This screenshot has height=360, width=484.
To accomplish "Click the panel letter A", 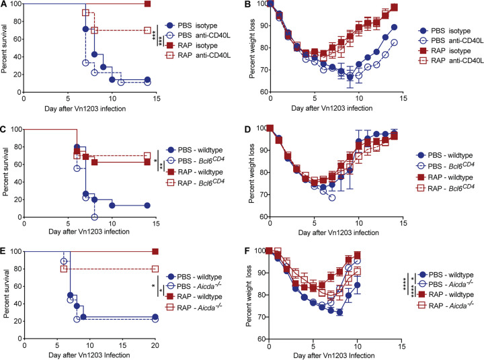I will tap(5, 5).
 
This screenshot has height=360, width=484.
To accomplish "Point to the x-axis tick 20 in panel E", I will tap(157, 341).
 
